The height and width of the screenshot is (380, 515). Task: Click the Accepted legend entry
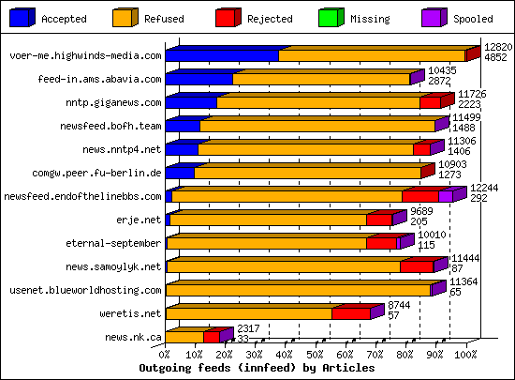coord(64,18)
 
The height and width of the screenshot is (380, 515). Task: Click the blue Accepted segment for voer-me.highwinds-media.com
coord(222,56)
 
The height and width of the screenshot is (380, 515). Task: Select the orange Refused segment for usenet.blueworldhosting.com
coord(300,291)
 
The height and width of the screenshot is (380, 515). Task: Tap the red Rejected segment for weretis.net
coord(351,314)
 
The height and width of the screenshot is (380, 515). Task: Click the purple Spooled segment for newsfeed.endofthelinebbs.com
coord(446,196)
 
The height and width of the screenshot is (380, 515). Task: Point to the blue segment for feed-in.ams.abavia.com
coord(199,80)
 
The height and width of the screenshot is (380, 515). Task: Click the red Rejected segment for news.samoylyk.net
coord(417,267)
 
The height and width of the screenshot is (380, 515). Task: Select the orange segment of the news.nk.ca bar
coord(184,337)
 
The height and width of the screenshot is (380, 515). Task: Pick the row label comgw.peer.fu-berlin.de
coord(110,173)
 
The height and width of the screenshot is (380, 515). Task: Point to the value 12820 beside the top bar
coord(498,46)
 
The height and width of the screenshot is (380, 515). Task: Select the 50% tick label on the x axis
coord(316,356)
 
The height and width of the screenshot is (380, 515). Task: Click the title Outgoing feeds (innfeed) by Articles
coord(257,369)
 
